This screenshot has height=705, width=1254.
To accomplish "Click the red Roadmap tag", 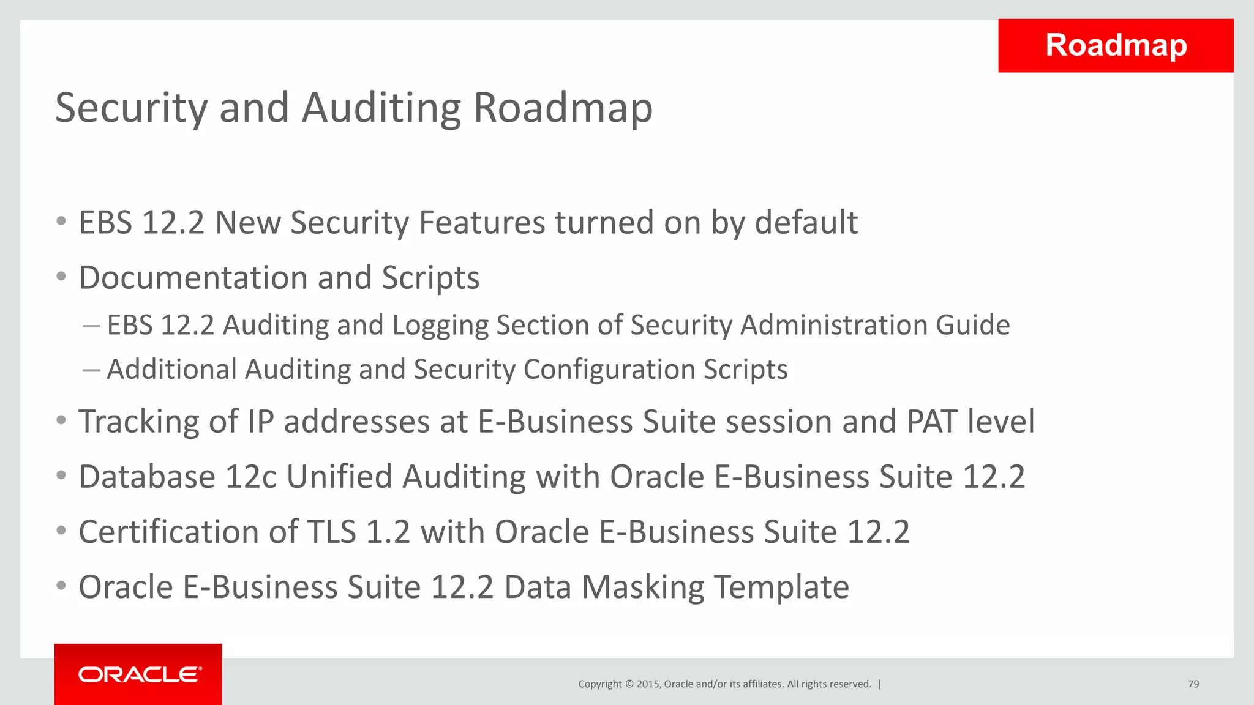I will [x=1116, y=45].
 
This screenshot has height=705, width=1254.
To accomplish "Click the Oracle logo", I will [x=140, y=674].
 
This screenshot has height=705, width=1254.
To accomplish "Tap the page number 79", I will [x=1193, y=684].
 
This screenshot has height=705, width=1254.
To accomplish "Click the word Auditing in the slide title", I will [x=381, y=108].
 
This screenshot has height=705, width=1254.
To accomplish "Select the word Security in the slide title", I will [x=132, y=108].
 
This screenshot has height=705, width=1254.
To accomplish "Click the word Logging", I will [x=440, y=326].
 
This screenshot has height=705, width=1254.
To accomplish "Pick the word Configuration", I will [x=608, y=370].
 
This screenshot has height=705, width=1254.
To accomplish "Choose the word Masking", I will [x=643, y=587].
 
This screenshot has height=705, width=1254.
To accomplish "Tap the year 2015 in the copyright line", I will [x=648, y=684].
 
